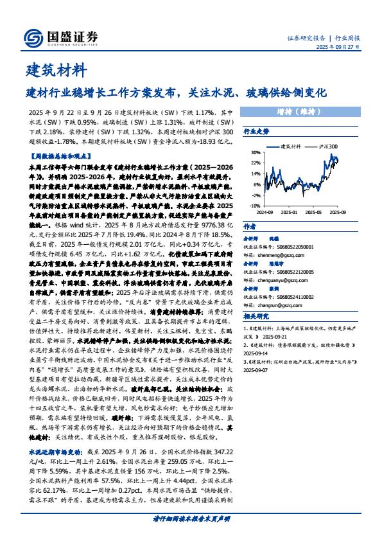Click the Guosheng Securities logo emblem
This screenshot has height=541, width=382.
click(x=31, y=37)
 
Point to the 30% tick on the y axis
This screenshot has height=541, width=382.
click(x=255, y=153)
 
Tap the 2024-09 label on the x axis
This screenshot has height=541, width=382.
click(x=266, y=211)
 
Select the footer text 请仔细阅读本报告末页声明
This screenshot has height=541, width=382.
click(x=191, y=518)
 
